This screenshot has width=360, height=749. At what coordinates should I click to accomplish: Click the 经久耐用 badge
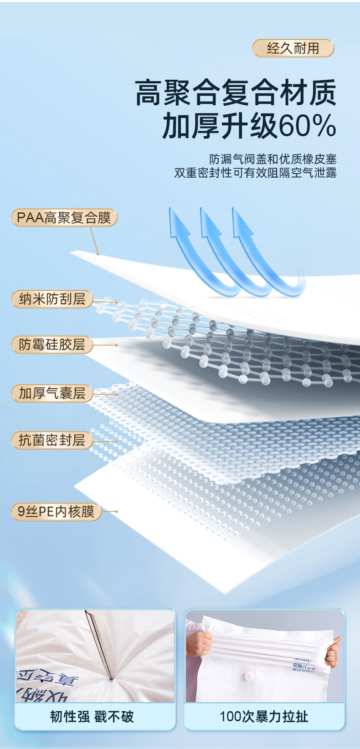point(293,48)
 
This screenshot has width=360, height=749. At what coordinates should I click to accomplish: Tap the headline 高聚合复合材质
point(236,92)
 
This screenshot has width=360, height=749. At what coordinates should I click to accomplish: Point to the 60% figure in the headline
point(307,126)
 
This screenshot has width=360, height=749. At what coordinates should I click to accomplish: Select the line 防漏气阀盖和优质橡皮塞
point(273,159)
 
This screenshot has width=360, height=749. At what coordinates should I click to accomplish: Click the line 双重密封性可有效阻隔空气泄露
point(255,173)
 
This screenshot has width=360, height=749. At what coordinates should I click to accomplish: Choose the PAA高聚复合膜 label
point(64,218)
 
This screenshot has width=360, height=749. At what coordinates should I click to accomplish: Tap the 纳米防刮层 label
point(52,299)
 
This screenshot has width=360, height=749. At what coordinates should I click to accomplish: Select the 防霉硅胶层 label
point(52,345)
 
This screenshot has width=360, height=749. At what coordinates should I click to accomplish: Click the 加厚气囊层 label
point(52,393)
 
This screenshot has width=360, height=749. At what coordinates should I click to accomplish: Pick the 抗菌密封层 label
point(52,440)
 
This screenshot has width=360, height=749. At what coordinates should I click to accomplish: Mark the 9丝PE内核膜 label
point(56,512)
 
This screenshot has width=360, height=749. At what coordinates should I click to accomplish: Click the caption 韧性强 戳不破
point(92,717)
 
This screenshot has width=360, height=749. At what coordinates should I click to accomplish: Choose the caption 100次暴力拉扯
point(264,717)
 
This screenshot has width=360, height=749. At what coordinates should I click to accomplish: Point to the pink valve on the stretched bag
point(250,677)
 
